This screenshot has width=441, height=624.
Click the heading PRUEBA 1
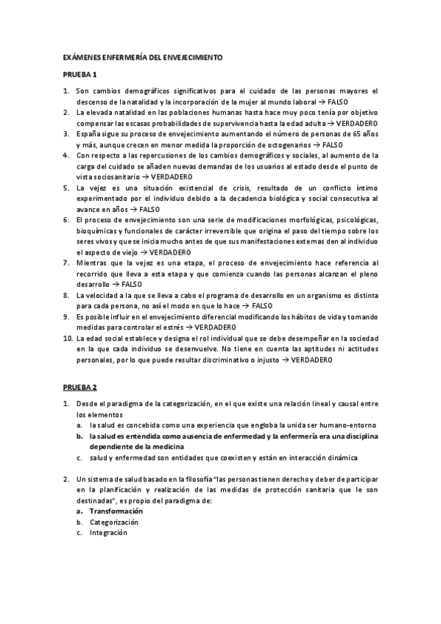pyautogui.click(x=79, y=74)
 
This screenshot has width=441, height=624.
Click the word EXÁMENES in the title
pyautogui.click(x=80, y=57)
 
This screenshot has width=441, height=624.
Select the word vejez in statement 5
pyautogui.click(x=98, y=188)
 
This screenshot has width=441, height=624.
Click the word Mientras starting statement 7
pyautogui.click(x=93, y=263)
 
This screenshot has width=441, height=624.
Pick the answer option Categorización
pyautogui.click(x=113, y=522)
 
